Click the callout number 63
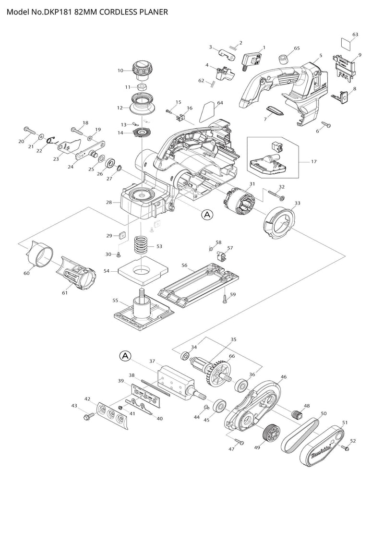coord(355,34)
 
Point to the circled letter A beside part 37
coord(124,356)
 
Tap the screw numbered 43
coord(89,416)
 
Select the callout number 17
coord(313,162)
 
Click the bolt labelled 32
coord(275,196)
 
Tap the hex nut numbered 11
coord(142,87)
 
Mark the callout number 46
coord(284,377)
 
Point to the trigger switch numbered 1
coord(253,60)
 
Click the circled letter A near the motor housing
coord(207,215)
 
